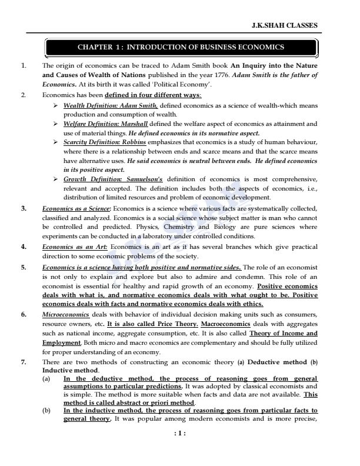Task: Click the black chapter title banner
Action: [181, 46]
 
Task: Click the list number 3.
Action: [24, 209]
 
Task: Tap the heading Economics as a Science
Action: [76, 209]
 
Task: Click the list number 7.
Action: [24, 362]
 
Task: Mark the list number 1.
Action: [24, 66]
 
